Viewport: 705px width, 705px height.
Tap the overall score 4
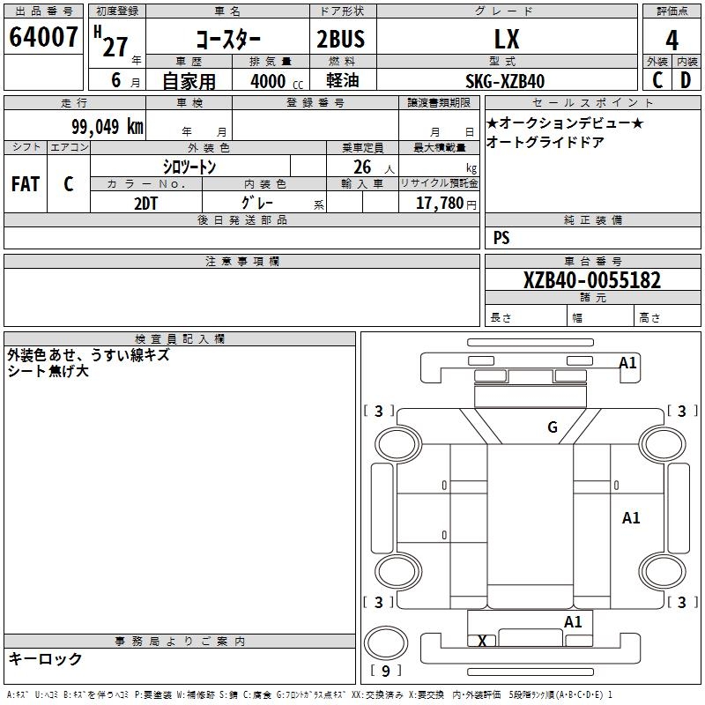672,40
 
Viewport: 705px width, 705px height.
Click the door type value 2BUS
340,39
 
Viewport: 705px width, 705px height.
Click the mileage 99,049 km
108,126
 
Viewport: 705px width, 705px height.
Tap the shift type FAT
26,184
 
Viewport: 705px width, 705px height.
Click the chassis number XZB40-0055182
592,280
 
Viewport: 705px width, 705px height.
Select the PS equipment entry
501,237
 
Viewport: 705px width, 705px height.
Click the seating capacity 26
362,167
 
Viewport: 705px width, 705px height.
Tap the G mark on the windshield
553,427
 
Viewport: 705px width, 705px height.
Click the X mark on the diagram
482,641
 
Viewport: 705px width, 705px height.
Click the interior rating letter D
685,79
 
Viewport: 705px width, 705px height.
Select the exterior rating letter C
657,79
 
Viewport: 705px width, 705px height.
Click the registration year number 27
115,46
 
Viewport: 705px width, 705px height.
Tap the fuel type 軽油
340,81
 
